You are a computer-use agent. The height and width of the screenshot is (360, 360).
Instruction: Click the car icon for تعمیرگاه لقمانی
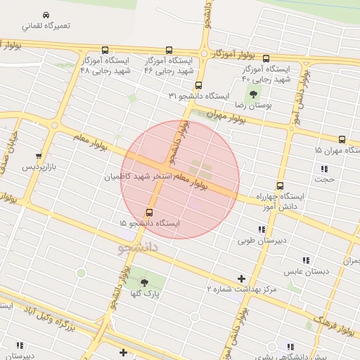[x=46, y=15]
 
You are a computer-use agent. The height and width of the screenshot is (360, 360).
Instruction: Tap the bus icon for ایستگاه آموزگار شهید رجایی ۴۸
[x=105, y=50]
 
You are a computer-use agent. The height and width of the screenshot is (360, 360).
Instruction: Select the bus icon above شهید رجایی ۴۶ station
[x=169, y=50]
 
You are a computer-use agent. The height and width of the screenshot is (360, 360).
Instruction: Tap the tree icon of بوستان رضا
[x=252, y=94]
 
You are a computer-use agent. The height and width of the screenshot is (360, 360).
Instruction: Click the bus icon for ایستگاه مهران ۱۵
[x=342, y=139]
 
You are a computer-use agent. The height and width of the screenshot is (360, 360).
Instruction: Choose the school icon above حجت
[x=324, y=169]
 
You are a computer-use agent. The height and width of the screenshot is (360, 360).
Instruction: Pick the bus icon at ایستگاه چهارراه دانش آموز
[x=281, y=186]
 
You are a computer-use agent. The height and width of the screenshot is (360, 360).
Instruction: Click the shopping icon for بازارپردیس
[x=38, y=156]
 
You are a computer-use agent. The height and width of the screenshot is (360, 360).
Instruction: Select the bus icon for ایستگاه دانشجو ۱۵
[x=149, y=212]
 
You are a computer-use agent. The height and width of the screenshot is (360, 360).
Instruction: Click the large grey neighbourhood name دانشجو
[x=141, y=248]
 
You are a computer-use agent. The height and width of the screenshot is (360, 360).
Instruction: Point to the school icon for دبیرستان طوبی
[x=262, y=230]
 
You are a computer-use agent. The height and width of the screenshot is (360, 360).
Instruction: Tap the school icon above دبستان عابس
[x=306, y=260]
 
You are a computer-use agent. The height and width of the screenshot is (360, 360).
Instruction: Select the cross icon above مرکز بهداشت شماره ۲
[x=243, y=279]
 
